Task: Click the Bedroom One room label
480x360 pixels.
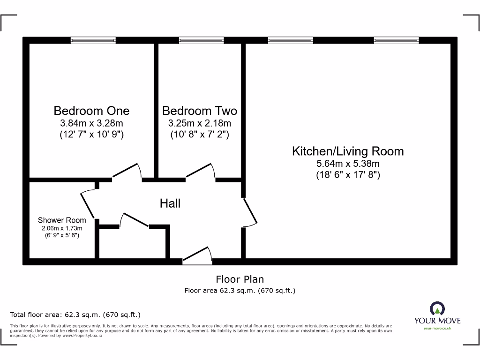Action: tap(91, 111)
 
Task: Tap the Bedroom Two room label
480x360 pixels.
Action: tap(200, 111)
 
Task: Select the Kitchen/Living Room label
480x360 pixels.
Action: tap(348, 151)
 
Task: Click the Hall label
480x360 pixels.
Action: tap(170, 203)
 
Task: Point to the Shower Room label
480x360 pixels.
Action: tap(62, 220)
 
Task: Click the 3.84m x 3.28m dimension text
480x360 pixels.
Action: tap(91, 124)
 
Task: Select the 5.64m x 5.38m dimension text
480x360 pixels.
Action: tap(348, 164)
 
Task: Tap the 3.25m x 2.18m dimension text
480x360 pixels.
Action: tap(200, 124)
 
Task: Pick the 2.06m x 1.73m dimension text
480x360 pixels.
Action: tap(62, 228)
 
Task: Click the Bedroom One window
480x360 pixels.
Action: tap(93, 41)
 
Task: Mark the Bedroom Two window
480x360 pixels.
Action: tap(202, 41)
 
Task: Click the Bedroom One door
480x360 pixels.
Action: tap(127, 172)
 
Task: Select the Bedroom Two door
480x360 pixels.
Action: tap(201, 172)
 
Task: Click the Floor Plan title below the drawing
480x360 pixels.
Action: tap(240, 279)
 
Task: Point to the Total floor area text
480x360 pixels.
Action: tap(75, 315)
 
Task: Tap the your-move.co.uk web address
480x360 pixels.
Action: tap(437, 329)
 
